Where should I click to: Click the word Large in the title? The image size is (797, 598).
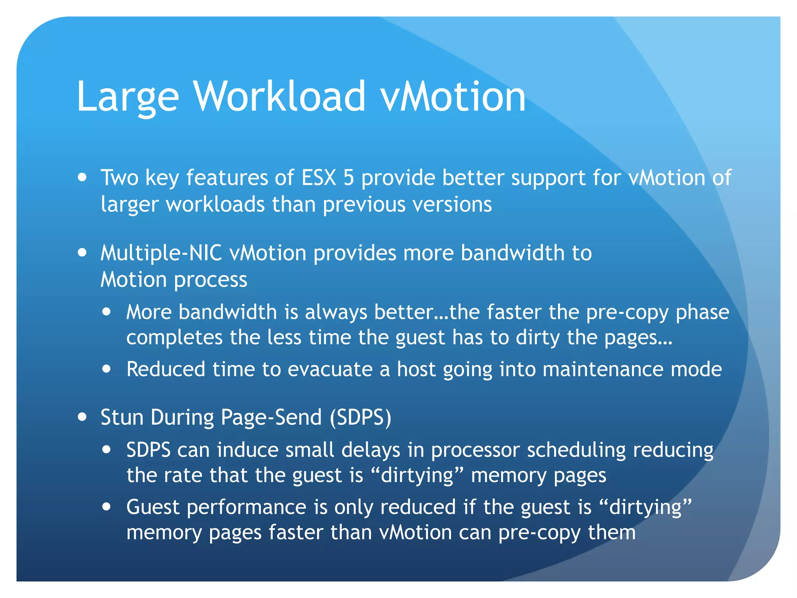pyautogui.click(x=128, y=97)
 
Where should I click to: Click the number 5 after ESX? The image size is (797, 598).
pyautogui.click(x=348, y=178)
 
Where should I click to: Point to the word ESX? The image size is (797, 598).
pyautogui.click(x=319, y=178)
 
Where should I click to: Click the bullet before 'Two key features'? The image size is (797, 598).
pyautogui.click(x=82, y=178)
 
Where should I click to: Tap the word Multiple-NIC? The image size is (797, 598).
pyautogui.click(x=161, y=253)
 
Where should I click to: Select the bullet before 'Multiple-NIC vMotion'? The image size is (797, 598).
pyautogui.click(x=82, y=253)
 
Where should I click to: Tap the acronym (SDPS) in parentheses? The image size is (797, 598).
pyautogui.click(x=360, y=418)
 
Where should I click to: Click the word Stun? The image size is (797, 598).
pyautogui.click(x=122, y=417)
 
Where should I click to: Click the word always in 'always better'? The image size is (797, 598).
pyautogui.click(x=336, y=313)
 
